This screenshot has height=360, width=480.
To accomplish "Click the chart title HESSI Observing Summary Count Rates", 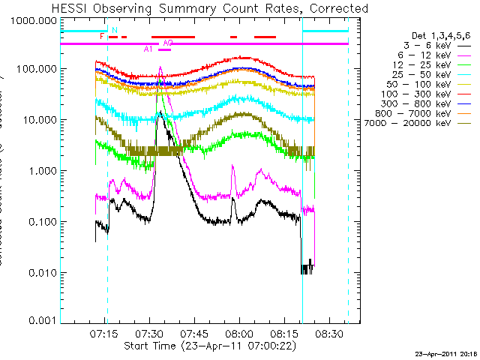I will (x=211, y=8).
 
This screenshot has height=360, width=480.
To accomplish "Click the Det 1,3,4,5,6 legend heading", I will (x=442, y=35).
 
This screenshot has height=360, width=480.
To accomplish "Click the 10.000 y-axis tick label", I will (x=40, y=120).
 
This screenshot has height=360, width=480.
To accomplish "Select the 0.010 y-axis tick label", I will (x=42, y=272).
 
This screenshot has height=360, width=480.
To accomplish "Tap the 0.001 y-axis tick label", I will (x=42, y=321).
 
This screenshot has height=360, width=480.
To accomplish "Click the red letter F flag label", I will (x=102, y=36).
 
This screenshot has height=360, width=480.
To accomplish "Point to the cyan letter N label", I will (x=114, y=31).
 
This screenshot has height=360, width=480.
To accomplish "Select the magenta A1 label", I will (x=148, y=49).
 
